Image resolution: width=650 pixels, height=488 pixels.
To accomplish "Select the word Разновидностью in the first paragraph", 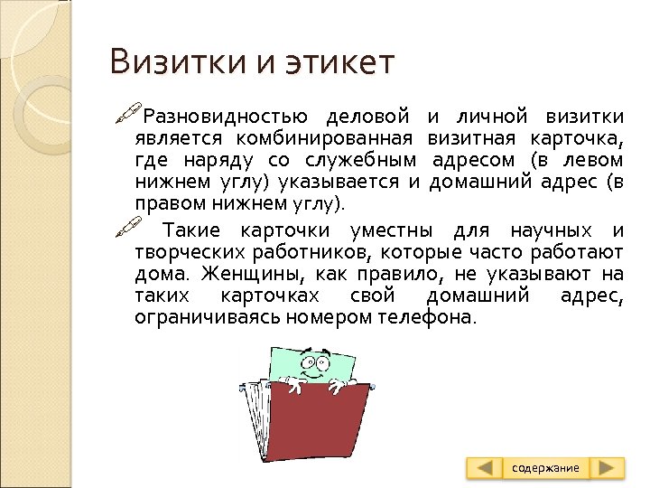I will click(227, 118).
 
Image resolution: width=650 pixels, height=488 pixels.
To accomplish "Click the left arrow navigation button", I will click(486, 467).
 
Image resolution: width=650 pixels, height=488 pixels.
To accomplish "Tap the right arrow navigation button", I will click(610, 467).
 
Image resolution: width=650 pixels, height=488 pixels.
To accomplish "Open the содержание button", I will click(546, 467).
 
